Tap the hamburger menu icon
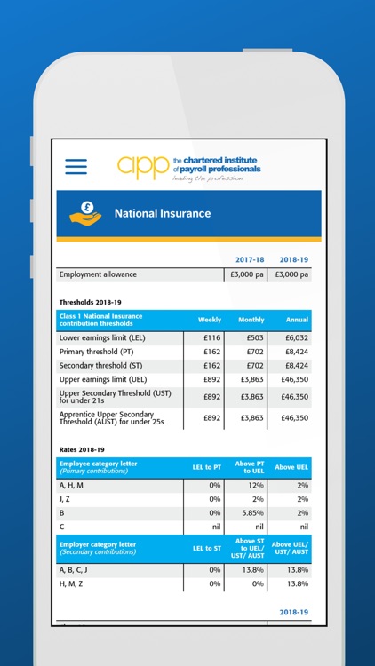pos(76,166)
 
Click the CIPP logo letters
pos(142,166)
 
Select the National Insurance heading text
pos(163,213)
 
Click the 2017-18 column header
pos(250,259)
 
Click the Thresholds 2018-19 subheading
pos(90,302)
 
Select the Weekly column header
pos(210,320)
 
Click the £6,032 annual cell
pos(294,338)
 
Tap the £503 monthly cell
pos(254,338)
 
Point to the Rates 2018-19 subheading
pos(82,449)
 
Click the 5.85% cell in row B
pos(253,512)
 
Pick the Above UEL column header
pos(291,467)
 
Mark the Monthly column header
pos(251,320)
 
